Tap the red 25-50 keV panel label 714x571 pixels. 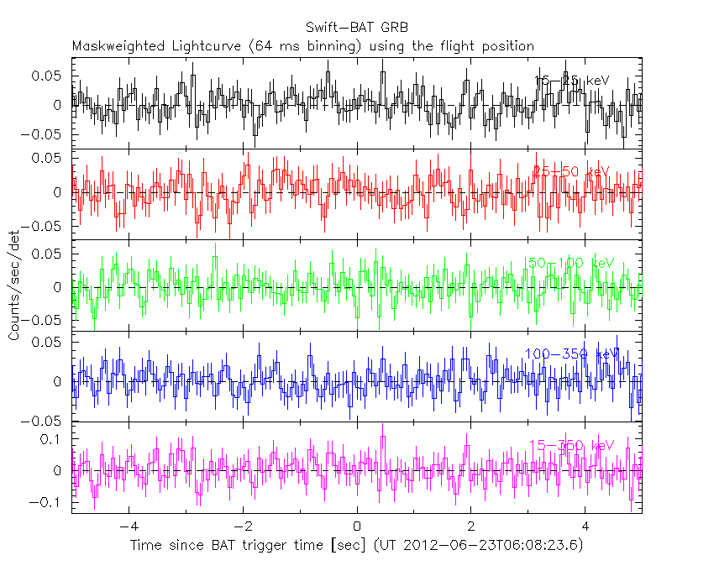[570, 170]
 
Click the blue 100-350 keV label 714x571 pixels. [570, 354]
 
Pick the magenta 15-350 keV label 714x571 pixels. [570, 445]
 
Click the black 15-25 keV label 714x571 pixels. [570, 80]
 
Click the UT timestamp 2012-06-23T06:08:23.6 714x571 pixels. [494, 546]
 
